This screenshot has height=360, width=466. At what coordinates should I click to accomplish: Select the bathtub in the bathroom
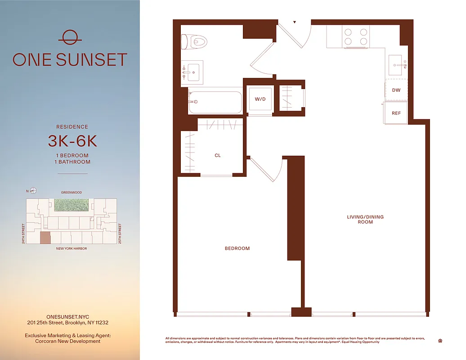point(215,103)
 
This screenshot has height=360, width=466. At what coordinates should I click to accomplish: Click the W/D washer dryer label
point(260,99)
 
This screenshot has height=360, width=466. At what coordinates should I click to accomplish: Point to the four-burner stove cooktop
point(356,36)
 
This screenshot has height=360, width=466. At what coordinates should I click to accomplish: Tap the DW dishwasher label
point(396,90)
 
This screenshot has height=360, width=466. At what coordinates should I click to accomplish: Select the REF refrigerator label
point(396,113)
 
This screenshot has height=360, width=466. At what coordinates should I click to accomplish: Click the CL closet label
point(217,156)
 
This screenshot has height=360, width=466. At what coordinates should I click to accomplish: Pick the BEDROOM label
point(237,248)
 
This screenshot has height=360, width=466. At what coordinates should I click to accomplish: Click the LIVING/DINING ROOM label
point(365,220)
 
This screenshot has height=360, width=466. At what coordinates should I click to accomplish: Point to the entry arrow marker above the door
point(295,22)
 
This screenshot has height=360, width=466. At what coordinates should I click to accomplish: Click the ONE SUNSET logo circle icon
point(70,38)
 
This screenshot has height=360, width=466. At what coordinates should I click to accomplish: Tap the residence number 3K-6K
point(72,141)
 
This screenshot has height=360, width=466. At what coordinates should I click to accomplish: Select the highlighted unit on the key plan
point(45,238)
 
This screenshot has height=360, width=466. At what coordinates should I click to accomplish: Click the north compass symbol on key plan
point(33,191)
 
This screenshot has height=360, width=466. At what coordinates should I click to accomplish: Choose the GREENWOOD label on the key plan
point(72,193)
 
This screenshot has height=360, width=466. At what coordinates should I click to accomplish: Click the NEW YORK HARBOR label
point(72,248)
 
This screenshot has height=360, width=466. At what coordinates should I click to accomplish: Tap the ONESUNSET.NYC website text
point(72,317)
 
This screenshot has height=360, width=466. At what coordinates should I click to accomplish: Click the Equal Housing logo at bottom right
point(439,341)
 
